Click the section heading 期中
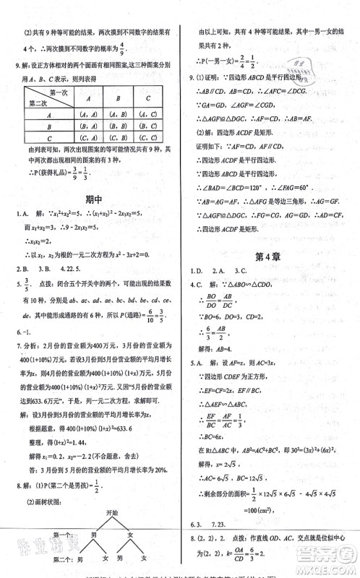pyautogui.click(x=92, y=198)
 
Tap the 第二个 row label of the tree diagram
pyautogui.click(x=42, y=559)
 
